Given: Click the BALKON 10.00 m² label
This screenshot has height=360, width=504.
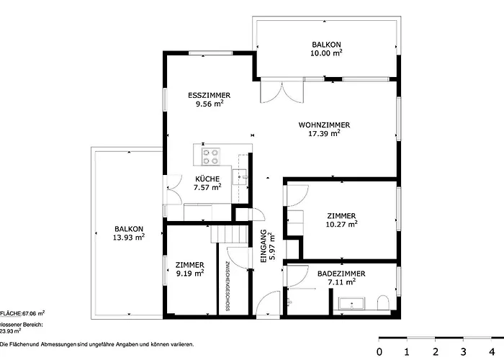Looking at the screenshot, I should click(x=326, y=48).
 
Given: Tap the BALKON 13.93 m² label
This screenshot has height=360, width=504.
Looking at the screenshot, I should click(x=128, y=233).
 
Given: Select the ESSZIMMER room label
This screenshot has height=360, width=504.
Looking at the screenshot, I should click(x=209, y=99).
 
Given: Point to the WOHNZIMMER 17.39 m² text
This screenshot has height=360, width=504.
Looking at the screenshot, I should click(x=324, y=129).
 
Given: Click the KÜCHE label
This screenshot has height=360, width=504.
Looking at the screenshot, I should click(x=207, y=184).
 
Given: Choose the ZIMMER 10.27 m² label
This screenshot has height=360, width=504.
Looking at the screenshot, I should click(x=341, y=220).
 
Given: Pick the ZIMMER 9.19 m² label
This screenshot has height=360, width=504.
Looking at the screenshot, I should click(x=190, y=269).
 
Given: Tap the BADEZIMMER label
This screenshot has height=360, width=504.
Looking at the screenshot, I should click(x=341, y=278).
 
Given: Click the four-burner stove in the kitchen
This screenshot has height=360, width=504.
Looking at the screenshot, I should click(x=211, y=156).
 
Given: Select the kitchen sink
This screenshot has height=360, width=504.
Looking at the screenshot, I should click(x=243, y=173).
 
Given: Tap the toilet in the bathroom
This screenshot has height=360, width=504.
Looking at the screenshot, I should click(x=383, y=302).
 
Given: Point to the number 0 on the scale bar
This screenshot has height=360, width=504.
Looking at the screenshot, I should click(x=379, y=351).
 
